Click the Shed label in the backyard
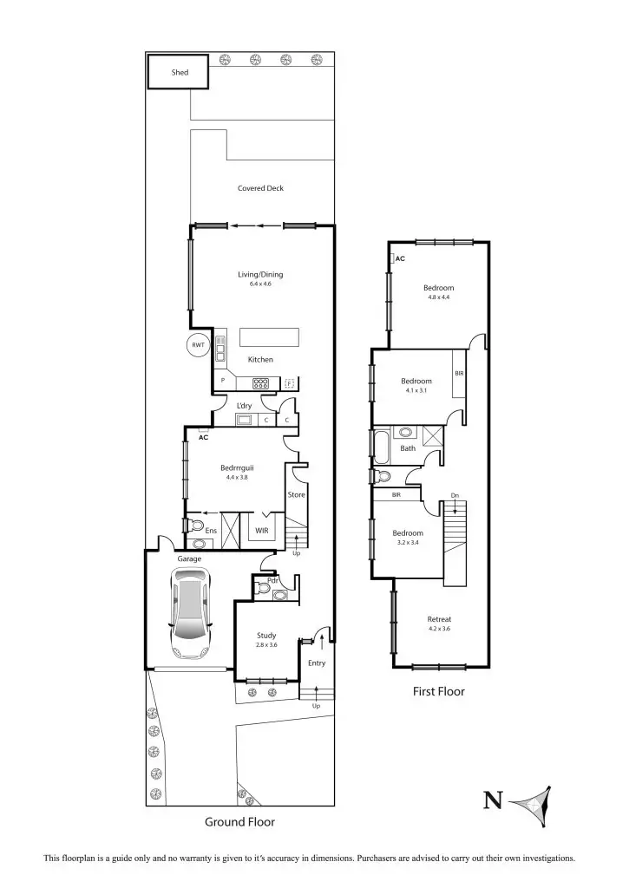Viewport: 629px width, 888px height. (178, 73)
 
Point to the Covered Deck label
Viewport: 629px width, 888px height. (260, 188)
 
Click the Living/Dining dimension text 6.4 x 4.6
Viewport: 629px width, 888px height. (260, 284)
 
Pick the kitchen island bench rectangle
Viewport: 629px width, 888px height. (269, 337)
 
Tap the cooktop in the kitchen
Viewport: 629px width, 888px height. (262, 382)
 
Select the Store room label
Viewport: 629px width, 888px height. (297, 495)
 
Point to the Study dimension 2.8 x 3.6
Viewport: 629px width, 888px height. (266, 645)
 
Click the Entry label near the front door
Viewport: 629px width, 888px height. (317, 663)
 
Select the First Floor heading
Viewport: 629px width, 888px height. (438, 692)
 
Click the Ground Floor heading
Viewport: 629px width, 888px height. (240, 821)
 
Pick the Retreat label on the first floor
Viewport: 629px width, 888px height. (439, 619)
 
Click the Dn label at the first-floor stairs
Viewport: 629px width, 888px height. (455, 496)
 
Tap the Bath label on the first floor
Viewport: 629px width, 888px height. (408, 448)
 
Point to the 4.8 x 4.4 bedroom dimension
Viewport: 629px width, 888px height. (438, 297)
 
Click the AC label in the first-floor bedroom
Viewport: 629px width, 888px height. (400, 258)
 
